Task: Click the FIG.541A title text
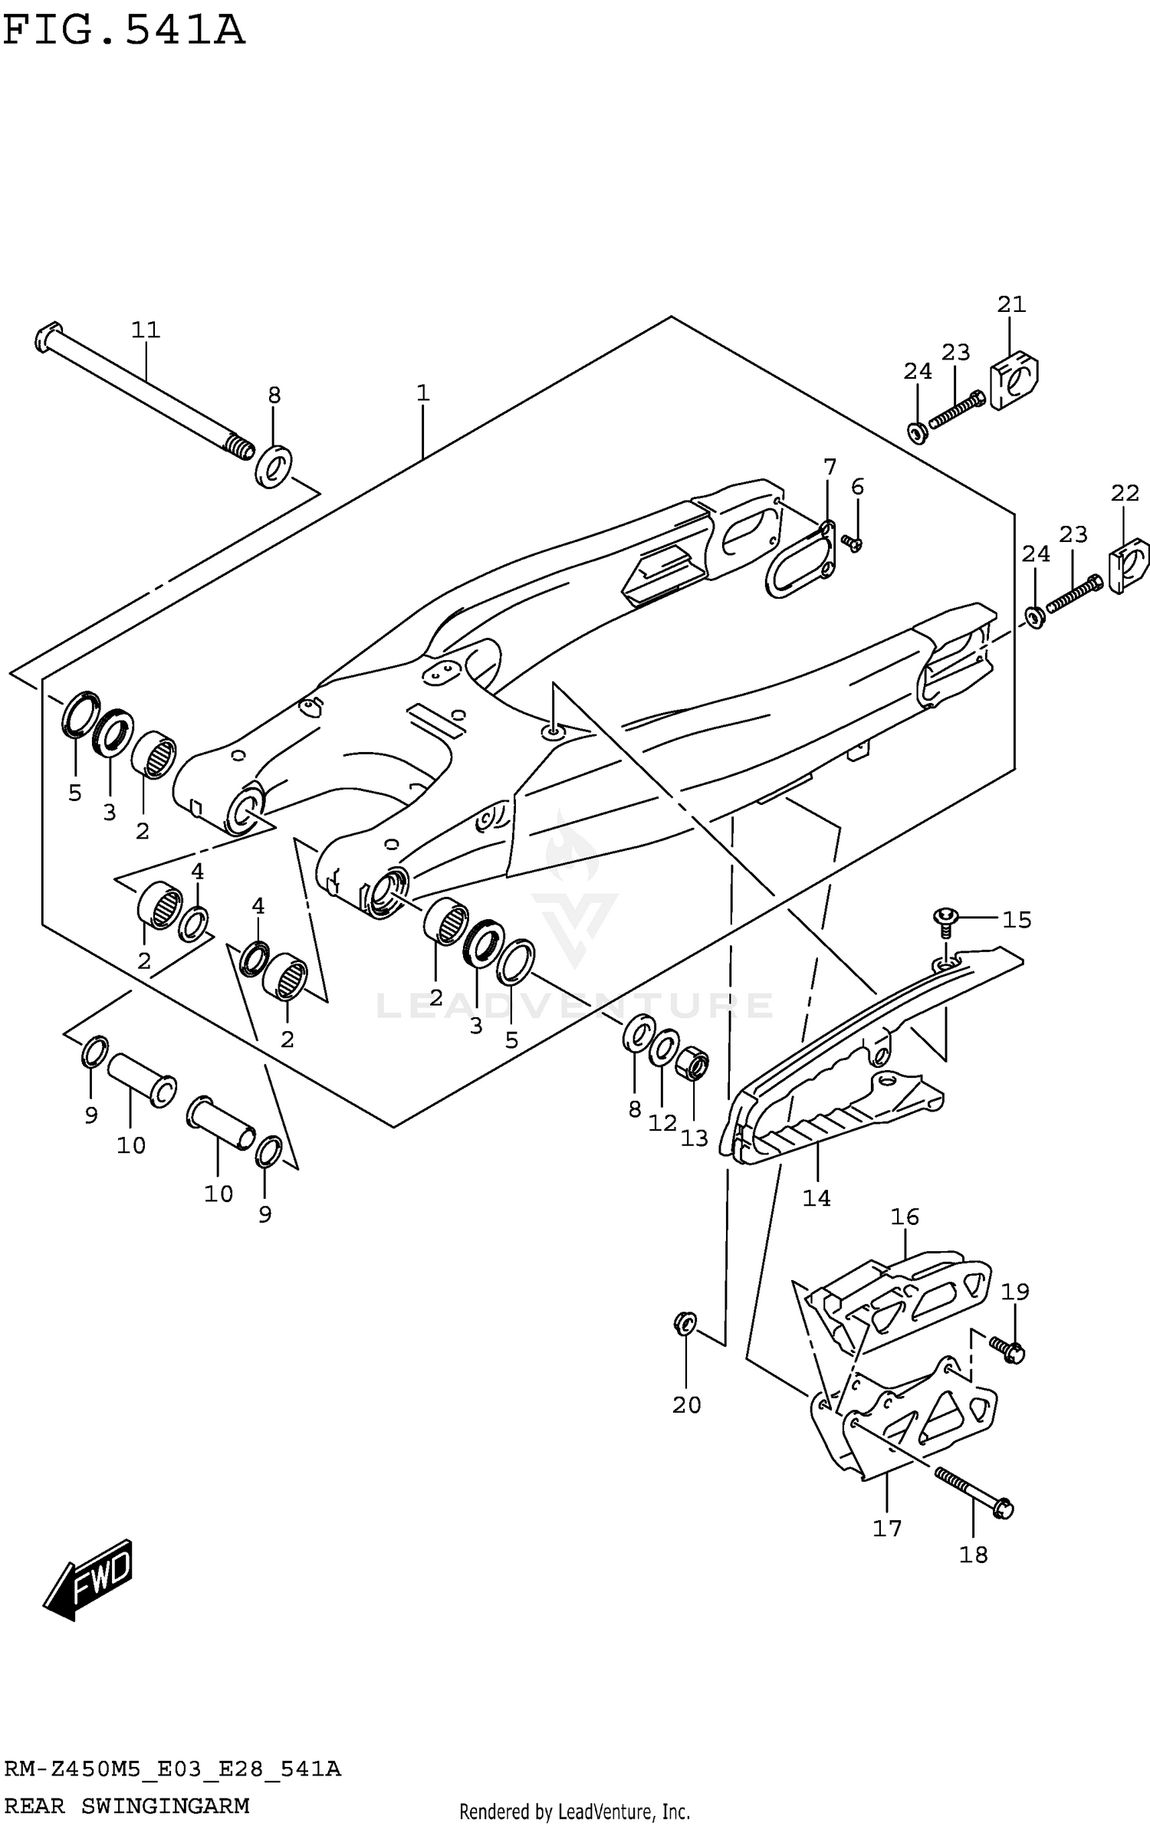124,31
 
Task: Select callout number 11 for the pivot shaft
145,330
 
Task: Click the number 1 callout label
422,393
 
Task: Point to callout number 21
1011,304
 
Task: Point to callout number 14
816,1197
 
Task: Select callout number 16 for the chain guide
905,1217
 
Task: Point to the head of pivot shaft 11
46,338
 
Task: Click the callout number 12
662,1123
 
